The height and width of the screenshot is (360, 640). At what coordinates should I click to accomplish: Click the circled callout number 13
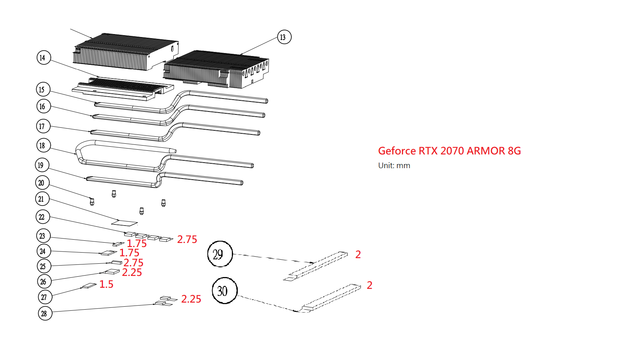[x=284, y=37]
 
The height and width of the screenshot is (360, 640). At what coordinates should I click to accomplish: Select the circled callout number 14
[x=43, y=57]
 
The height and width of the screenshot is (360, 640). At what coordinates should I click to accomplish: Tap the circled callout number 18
[x=43, y=145]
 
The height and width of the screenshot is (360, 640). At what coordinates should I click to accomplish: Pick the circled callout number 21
[x=42, y=199]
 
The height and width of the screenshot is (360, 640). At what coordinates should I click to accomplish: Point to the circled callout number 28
[x=45, y=313]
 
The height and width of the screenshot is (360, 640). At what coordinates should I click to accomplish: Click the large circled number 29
[x=220, y=254]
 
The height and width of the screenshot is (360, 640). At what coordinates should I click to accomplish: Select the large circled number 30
[x=224, y=291]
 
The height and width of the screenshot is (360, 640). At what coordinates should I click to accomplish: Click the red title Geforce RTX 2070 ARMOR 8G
[x=449, y=151]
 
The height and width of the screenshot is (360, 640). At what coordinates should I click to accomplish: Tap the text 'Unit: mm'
[x=394, y=166]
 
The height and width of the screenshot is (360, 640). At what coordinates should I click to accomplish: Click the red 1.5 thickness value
[x=106, y=284]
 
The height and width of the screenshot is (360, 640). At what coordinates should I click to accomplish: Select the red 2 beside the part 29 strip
[x=358, y=254]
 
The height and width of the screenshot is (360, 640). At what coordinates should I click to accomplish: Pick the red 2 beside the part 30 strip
[x=369, y=285]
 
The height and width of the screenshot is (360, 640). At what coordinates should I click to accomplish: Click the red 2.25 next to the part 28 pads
[x=191, y=299]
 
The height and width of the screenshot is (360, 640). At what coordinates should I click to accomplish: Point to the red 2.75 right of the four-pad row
[x=187, y=239]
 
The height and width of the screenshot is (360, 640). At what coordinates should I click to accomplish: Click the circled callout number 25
[x=43, y=266]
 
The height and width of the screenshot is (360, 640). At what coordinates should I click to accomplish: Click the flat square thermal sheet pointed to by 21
[x=124, y=223]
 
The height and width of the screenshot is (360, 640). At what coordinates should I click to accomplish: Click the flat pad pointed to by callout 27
[x=89, y=286]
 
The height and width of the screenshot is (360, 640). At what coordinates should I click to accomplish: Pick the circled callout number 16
[x=43, y=106]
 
